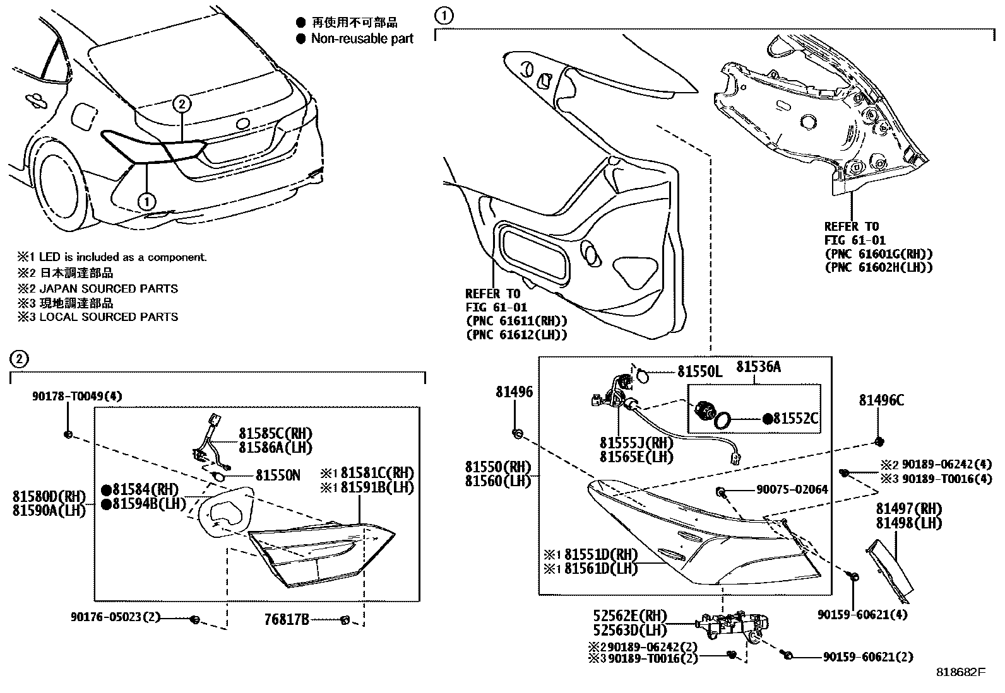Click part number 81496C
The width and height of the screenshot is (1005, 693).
881,400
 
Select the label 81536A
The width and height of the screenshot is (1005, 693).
758,366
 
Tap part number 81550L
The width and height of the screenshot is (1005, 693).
699,371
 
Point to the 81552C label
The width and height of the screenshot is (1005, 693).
796,419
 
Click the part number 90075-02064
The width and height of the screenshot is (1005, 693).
794,489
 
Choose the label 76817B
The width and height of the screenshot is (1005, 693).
287,620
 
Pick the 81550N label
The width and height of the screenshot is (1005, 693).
278,475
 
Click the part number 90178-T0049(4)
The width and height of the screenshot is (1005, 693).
77,396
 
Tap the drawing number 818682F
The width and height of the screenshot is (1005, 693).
960,672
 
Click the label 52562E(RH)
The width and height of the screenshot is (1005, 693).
630,616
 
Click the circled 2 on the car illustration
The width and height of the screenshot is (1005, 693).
181,104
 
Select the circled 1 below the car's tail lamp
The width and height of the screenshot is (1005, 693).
146,201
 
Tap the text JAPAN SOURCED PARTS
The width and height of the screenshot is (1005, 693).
109,289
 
